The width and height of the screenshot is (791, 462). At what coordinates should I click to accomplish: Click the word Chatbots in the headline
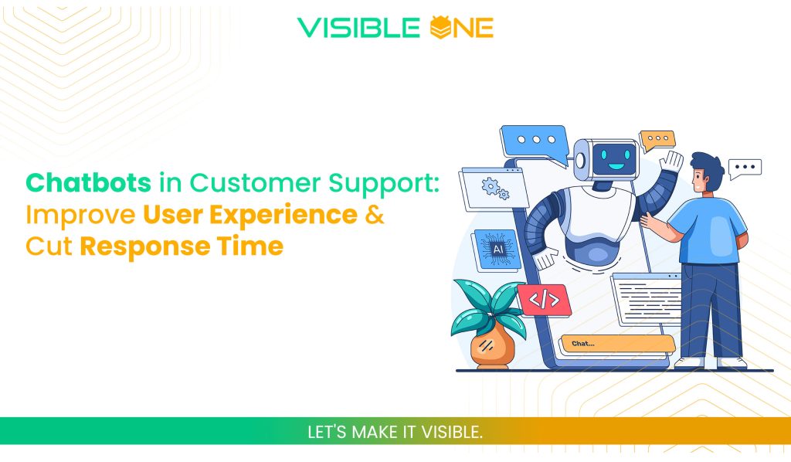point(88,183)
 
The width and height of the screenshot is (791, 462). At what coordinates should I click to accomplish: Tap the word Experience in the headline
point(294,215)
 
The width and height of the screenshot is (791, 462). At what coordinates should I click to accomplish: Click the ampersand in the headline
point(374,215)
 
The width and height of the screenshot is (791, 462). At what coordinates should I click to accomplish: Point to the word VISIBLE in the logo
point(359,28)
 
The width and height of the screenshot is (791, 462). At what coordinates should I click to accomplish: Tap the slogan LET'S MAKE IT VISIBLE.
point(395,432)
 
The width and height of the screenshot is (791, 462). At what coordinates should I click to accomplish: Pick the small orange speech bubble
point(657,140)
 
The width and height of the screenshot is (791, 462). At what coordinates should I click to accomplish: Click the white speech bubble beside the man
point(745,168)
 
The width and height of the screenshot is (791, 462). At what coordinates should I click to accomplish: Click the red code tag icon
point(545,300)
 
